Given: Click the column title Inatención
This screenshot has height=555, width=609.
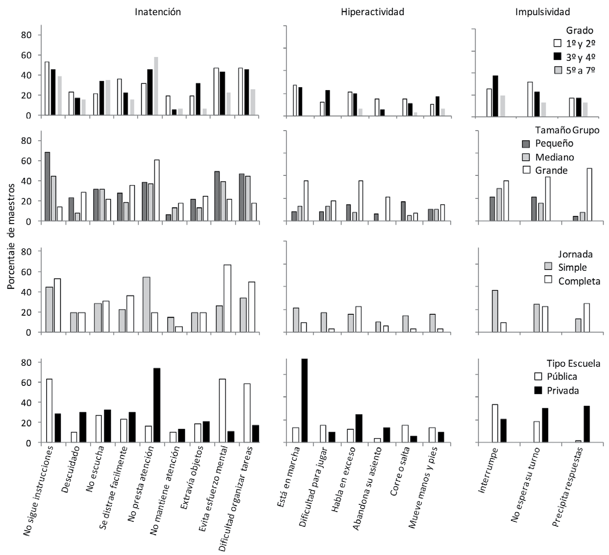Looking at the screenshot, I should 158,12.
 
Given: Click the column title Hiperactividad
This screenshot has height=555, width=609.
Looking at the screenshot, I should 372,12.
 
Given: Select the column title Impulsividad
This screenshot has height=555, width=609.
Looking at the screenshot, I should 542,12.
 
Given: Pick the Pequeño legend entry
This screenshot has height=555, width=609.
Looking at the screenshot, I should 554,143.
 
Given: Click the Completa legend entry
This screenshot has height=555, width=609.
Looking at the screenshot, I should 579,281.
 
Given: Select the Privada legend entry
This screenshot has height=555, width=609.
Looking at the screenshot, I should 563,390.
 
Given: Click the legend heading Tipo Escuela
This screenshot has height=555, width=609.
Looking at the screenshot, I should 573,364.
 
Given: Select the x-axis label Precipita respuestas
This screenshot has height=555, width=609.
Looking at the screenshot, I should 567,487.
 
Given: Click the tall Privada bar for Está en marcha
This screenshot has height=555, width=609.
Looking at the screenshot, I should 304,401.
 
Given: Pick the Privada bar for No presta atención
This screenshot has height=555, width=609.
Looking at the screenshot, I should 156,405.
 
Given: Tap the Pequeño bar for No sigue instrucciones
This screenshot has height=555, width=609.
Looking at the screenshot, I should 47,187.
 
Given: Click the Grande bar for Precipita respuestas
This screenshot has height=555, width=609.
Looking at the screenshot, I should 590,194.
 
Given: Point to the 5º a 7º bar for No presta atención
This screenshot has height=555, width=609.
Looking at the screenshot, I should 156,86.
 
